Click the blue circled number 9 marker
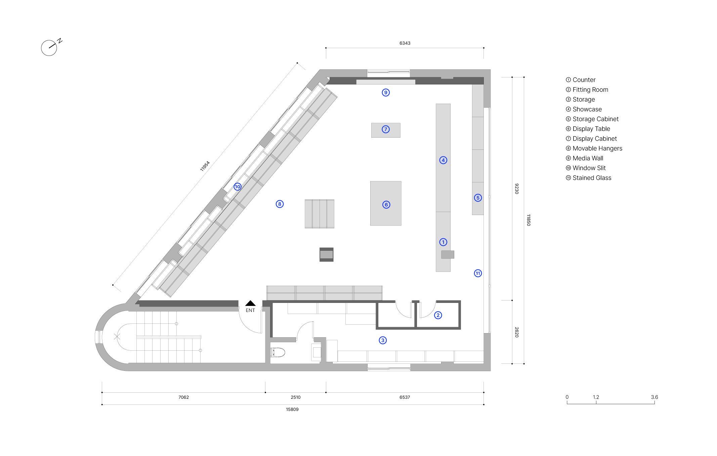(x=386, y=93)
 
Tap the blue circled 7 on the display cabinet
(x=386, y=129)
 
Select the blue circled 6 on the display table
(x=386, y=205)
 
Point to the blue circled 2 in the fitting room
(x=438, y=315)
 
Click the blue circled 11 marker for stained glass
(x=478, y=273)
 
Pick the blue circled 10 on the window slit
(x=238, y=186)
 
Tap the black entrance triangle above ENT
(x=250, y=303)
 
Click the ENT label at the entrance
(x=250, y=310)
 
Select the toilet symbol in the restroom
(x=278, y=352)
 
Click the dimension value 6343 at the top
(x=405, y=43)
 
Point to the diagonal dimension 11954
(x=205, y=166)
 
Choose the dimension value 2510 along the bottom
(x=296, y=397)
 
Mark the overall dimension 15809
(x=292, y=410)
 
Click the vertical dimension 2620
(x=517, y=332)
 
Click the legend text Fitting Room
(x=590, y=90)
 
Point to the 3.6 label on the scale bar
(x=655, y=397)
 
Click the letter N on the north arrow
(x=60, y=41)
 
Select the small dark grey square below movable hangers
(x=327, y=254)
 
